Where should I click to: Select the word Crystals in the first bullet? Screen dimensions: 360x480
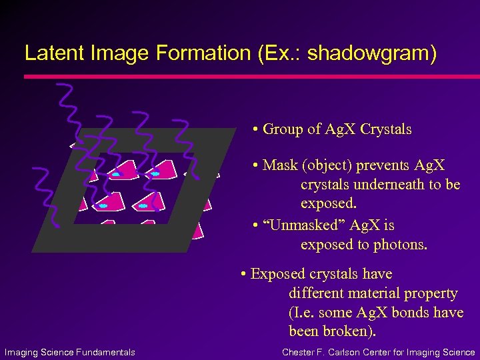tap(385, 129)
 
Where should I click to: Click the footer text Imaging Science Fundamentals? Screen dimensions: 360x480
tap(70, 352)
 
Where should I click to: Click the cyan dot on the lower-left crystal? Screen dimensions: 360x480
tap(103, 206)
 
